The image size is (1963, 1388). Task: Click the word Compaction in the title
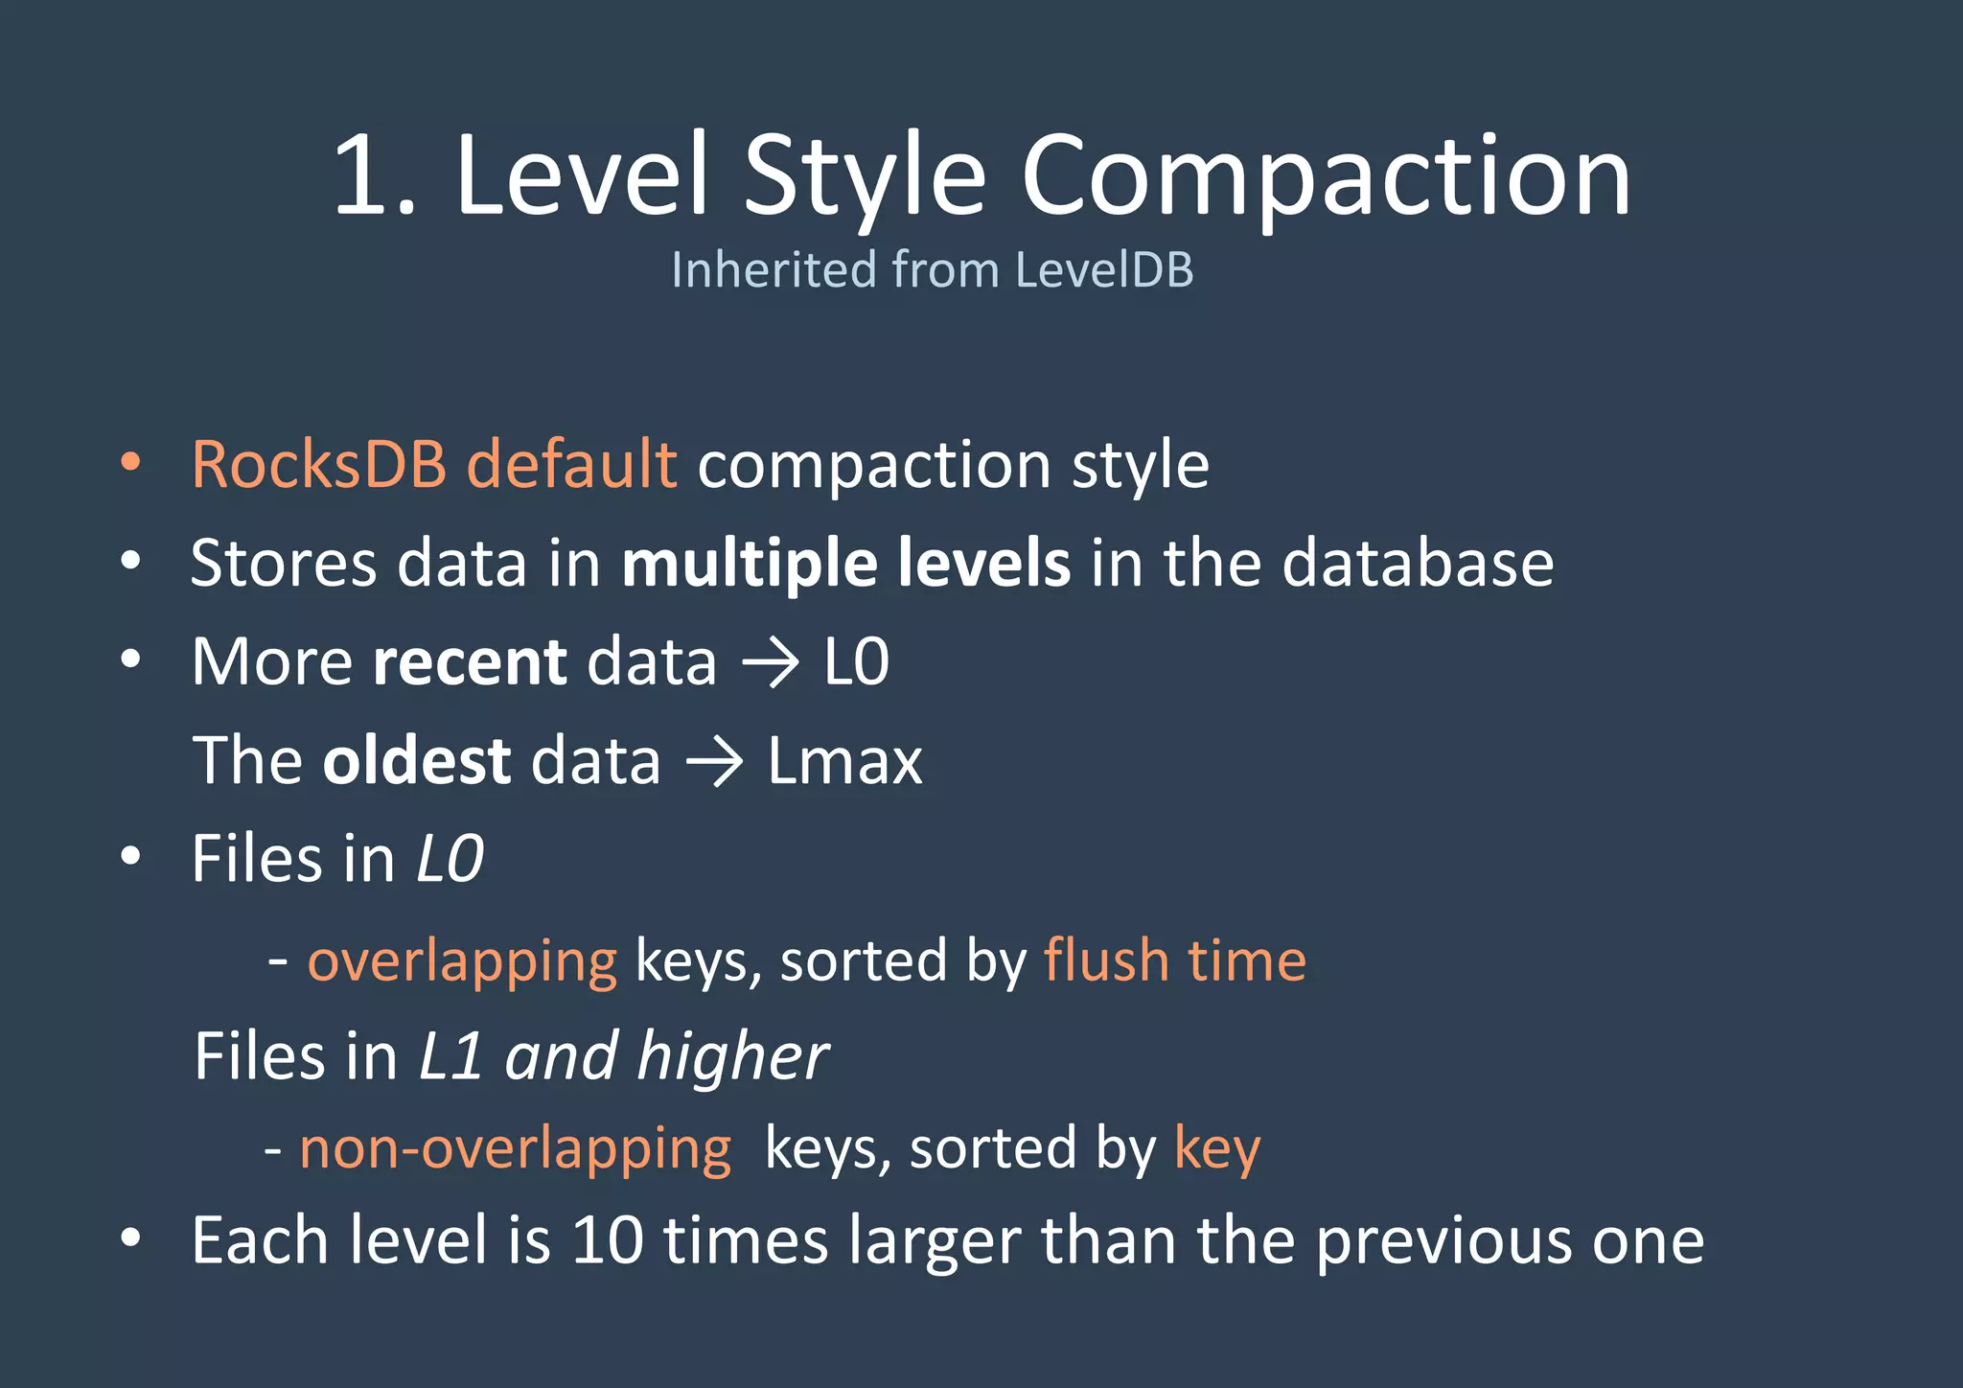click(1326, 177)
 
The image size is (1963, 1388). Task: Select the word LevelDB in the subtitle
click(1103, 269)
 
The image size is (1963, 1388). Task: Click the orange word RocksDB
click(318, 465)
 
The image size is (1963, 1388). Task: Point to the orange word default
click(571, 465)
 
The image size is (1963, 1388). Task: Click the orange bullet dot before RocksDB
click(130, 463)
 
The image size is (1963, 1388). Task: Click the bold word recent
click(470, 662)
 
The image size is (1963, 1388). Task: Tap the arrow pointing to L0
click(770, 662)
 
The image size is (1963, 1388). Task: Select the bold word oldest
click(417, 761)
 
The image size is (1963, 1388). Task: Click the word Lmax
click(844, 761)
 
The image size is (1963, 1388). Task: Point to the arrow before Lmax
click(714, 762)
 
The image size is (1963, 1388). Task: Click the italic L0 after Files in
click(450, 859)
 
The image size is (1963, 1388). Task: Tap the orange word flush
click(1106, 960)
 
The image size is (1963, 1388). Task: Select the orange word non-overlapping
click(516, 1148)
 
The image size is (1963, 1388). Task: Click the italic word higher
click(733, 1056)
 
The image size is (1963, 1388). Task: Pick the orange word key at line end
click(1217, 1150)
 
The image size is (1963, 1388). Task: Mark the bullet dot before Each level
click(130, 1238)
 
